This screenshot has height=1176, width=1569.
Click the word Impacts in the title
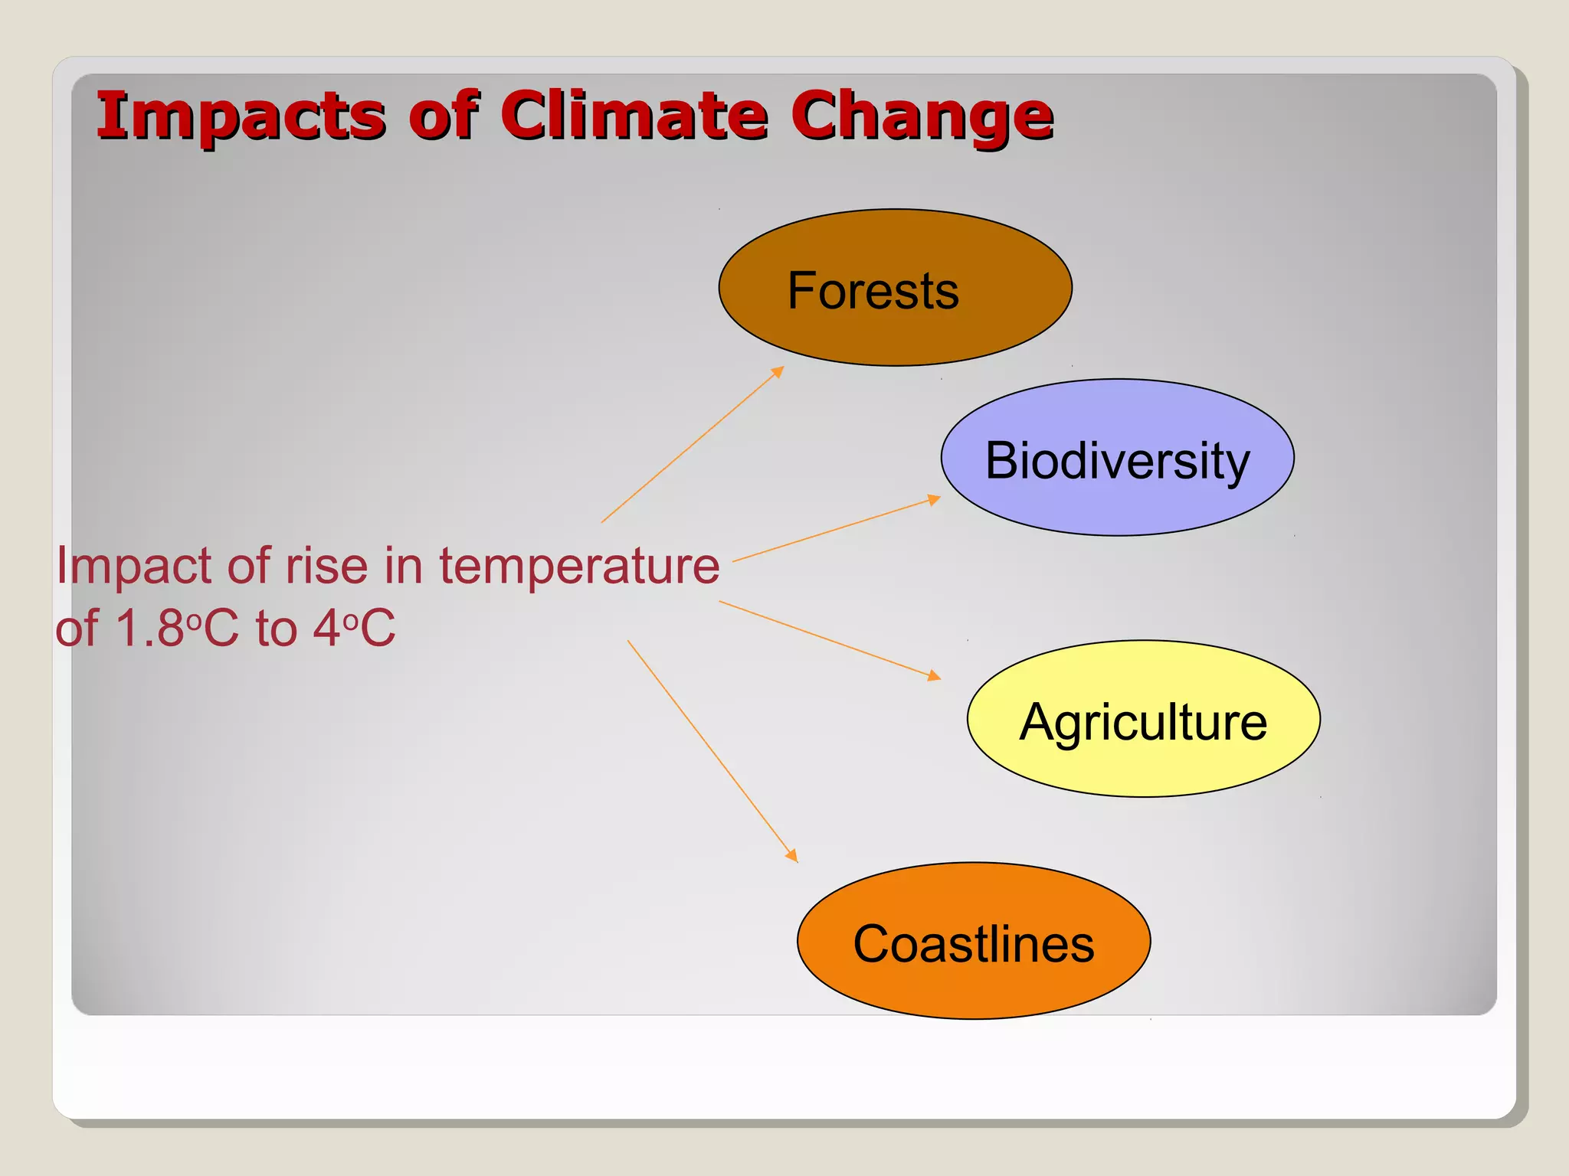coord(239,116)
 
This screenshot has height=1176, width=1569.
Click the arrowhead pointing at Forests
coord(778,372)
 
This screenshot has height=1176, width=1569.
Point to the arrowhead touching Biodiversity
coord(933,500)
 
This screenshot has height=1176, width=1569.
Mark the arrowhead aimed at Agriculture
coord(934,675)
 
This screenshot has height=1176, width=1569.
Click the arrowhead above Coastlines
coord(791,855)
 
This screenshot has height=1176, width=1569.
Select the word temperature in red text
coord(579,567)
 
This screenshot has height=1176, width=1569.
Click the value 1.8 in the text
coord(149,629)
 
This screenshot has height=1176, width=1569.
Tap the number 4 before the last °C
coord(326,629)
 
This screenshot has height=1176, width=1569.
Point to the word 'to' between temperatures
coord(276,629)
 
